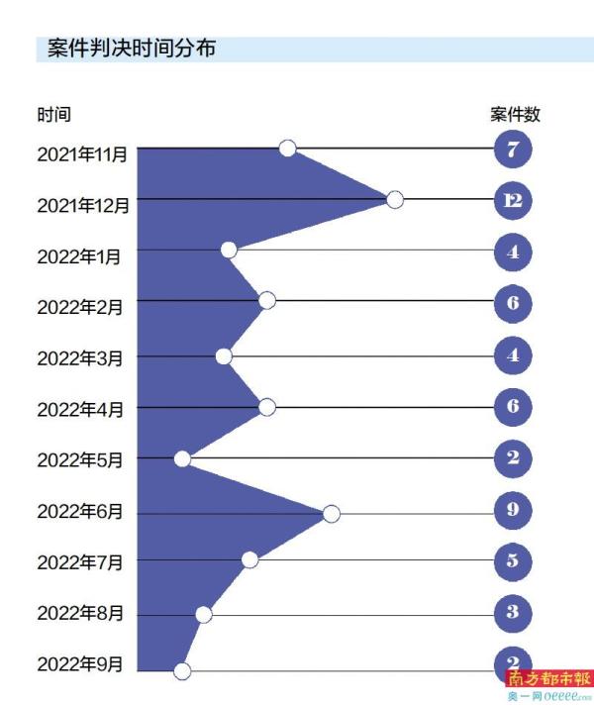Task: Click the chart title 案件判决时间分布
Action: [x=132, y=48]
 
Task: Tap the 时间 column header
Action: [x=54, y=115]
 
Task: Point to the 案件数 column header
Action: [x=515, y=115]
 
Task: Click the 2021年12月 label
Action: [x=83, y=206]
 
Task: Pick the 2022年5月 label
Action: [x=80, y=459]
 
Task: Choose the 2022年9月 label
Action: [x=80, y=663]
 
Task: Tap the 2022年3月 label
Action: [x=80, y=357]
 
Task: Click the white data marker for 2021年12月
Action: [x=394, y=200]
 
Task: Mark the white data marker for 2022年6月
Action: [x=332, y=513]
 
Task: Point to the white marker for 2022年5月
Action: [x=182, y=458]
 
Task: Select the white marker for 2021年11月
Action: [x=287, y=149]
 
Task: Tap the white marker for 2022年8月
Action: [x=204, y=615]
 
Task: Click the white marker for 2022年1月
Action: [x=229, y=251]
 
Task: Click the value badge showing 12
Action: [x=513, y=201]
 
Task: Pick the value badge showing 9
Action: [x=513, y=511]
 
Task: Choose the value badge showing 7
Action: [x=513, y=151]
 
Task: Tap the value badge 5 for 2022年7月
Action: [x=513, y=561]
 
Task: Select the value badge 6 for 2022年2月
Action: [x=513, y=303]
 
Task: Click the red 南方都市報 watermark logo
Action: [x=548, y=679]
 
